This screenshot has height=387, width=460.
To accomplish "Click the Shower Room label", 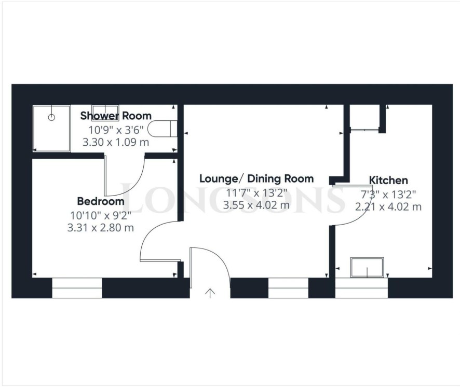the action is pyautogui.click(x=116, y=116).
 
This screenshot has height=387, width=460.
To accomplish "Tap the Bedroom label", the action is pyautogui.click(x=101, y=201).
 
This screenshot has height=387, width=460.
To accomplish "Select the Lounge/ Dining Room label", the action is pyautogui.click(x=256, y=178).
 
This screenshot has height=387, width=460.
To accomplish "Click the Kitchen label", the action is pyautogui.click(x=388, y=179).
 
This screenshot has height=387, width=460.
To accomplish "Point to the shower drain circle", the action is pyautogui.click(x=51, y=118).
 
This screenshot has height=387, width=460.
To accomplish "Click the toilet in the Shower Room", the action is pyautogui.click(x=162, y=129).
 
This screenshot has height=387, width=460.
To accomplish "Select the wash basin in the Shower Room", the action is pyautogui.click(x=105, y=109).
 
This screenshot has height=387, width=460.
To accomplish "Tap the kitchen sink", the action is pyautogui.click(x=367, y=267).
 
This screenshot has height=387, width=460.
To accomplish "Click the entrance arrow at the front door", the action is pyautogui.click(x=210, y=293).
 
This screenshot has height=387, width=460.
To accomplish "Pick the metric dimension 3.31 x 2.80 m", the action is pyautogui.click(x=101, y=228).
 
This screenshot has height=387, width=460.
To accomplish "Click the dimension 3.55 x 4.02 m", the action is pyautogui.click(x=256, y=204).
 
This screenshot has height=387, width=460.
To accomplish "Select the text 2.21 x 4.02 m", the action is pyautogui.click(x=388, y=206).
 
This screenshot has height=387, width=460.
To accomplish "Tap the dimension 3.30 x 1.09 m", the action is pyautogui.click(x=116, y=142).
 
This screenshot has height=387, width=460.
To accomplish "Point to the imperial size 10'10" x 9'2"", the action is pyautogui.click(x=101, y=215).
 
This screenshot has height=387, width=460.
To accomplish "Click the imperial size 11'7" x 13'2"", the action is pyautogui.click(x=256, y=193).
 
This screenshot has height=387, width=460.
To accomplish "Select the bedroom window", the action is pyautogui.click(x=77, y=288).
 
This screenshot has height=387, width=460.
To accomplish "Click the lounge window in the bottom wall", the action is pyautogui.click(x=288, y=288).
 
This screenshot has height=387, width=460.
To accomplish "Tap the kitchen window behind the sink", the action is pyautogui.click(x=361, y=288).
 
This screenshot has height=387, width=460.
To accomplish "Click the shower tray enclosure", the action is pyautogui.click(x=51, y=129).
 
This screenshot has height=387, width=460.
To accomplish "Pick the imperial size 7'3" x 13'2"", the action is pyautogui.click(x=388, y=195).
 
